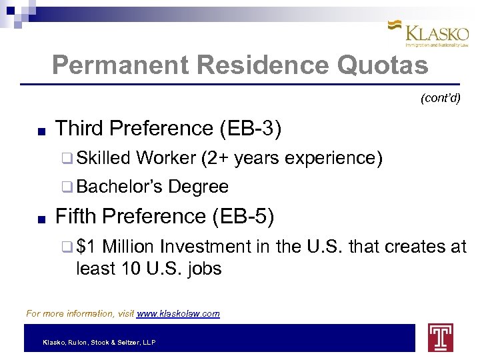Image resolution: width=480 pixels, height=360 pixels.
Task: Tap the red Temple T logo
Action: (441, 337)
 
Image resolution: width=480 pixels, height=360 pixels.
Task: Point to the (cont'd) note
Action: (440, 98)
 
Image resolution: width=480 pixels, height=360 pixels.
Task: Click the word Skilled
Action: (103, 158)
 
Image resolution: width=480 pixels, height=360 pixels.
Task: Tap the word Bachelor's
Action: (119, 187)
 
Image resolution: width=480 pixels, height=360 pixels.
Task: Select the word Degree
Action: (198, 187)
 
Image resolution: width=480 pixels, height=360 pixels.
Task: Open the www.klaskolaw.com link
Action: (178, 313)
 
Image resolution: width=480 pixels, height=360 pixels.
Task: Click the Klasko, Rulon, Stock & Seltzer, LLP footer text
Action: (99, 342)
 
